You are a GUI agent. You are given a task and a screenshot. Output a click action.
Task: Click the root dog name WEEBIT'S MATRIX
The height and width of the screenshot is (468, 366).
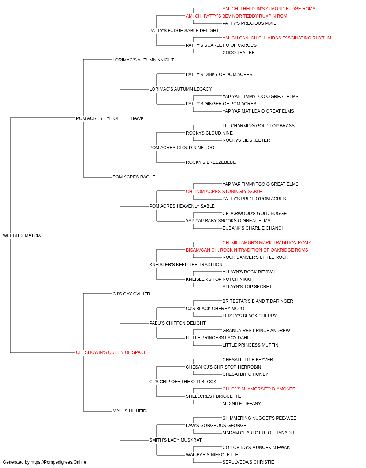(22, 235)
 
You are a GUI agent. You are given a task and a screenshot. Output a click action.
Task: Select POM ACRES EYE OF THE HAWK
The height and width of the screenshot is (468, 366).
(110, 118)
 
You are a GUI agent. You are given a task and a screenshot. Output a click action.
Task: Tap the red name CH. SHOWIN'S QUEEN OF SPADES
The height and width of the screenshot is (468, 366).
(113, 352)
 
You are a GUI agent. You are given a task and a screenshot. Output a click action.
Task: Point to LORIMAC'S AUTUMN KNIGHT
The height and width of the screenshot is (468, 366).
(143, 60)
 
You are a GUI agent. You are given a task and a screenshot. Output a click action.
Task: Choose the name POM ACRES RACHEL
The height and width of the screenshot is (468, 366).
(135, 177)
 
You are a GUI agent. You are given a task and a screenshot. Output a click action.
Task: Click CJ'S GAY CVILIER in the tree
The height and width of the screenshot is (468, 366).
(131, 294)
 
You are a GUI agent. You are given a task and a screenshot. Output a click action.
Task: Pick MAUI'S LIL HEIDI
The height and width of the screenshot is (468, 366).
(130, 411)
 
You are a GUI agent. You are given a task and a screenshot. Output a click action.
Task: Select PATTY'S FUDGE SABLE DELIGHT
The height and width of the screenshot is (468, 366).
(184, 31)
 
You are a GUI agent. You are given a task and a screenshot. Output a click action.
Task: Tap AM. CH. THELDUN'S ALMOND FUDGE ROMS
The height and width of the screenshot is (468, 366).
(269, 9)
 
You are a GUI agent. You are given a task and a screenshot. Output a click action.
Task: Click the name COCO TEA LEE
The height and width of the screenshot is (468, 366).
(238, 53)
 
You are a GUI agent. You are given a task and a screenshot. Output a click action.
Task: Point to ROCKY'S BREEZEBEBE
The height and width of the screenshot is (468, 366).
(210, 162)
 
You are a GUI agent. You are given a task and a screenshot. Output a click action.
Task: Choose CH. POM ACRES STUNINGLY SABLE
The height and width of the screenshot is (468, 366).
(224, 192)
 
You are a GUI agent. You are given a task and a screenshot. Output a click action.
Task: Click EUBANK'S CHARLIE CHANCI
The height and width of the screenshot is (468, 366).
(253, 228)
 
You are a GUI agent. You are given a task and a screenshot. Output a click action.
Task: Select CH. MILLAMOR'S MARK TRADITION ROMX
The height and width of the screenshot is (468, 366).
(267, 243)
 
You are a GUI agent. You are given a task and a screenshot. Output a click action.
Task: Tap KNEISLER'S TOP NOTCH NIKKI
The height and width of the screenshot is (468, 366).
(219, 279)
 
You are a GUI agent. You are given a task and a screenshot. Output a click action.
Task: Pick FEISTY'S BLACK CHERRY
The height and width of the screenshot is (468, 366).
(249, 316)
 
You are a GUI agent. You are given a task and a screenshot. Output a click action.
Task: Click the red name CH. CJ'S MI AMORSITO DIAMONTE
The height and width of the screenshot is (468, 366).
(259, 389)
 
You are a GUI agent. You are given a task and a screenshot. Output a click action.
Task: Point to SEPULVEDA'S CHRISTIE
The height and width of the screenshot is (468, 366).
(248, 462)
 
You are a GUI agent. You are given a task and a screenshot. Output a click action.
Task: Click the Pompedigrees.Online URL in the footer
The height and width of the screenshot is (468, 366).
(58, 462)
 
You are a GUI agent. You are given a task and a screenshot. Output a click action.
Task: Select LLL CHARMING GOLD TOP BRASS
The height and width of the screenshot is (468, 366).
(258, 126)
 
